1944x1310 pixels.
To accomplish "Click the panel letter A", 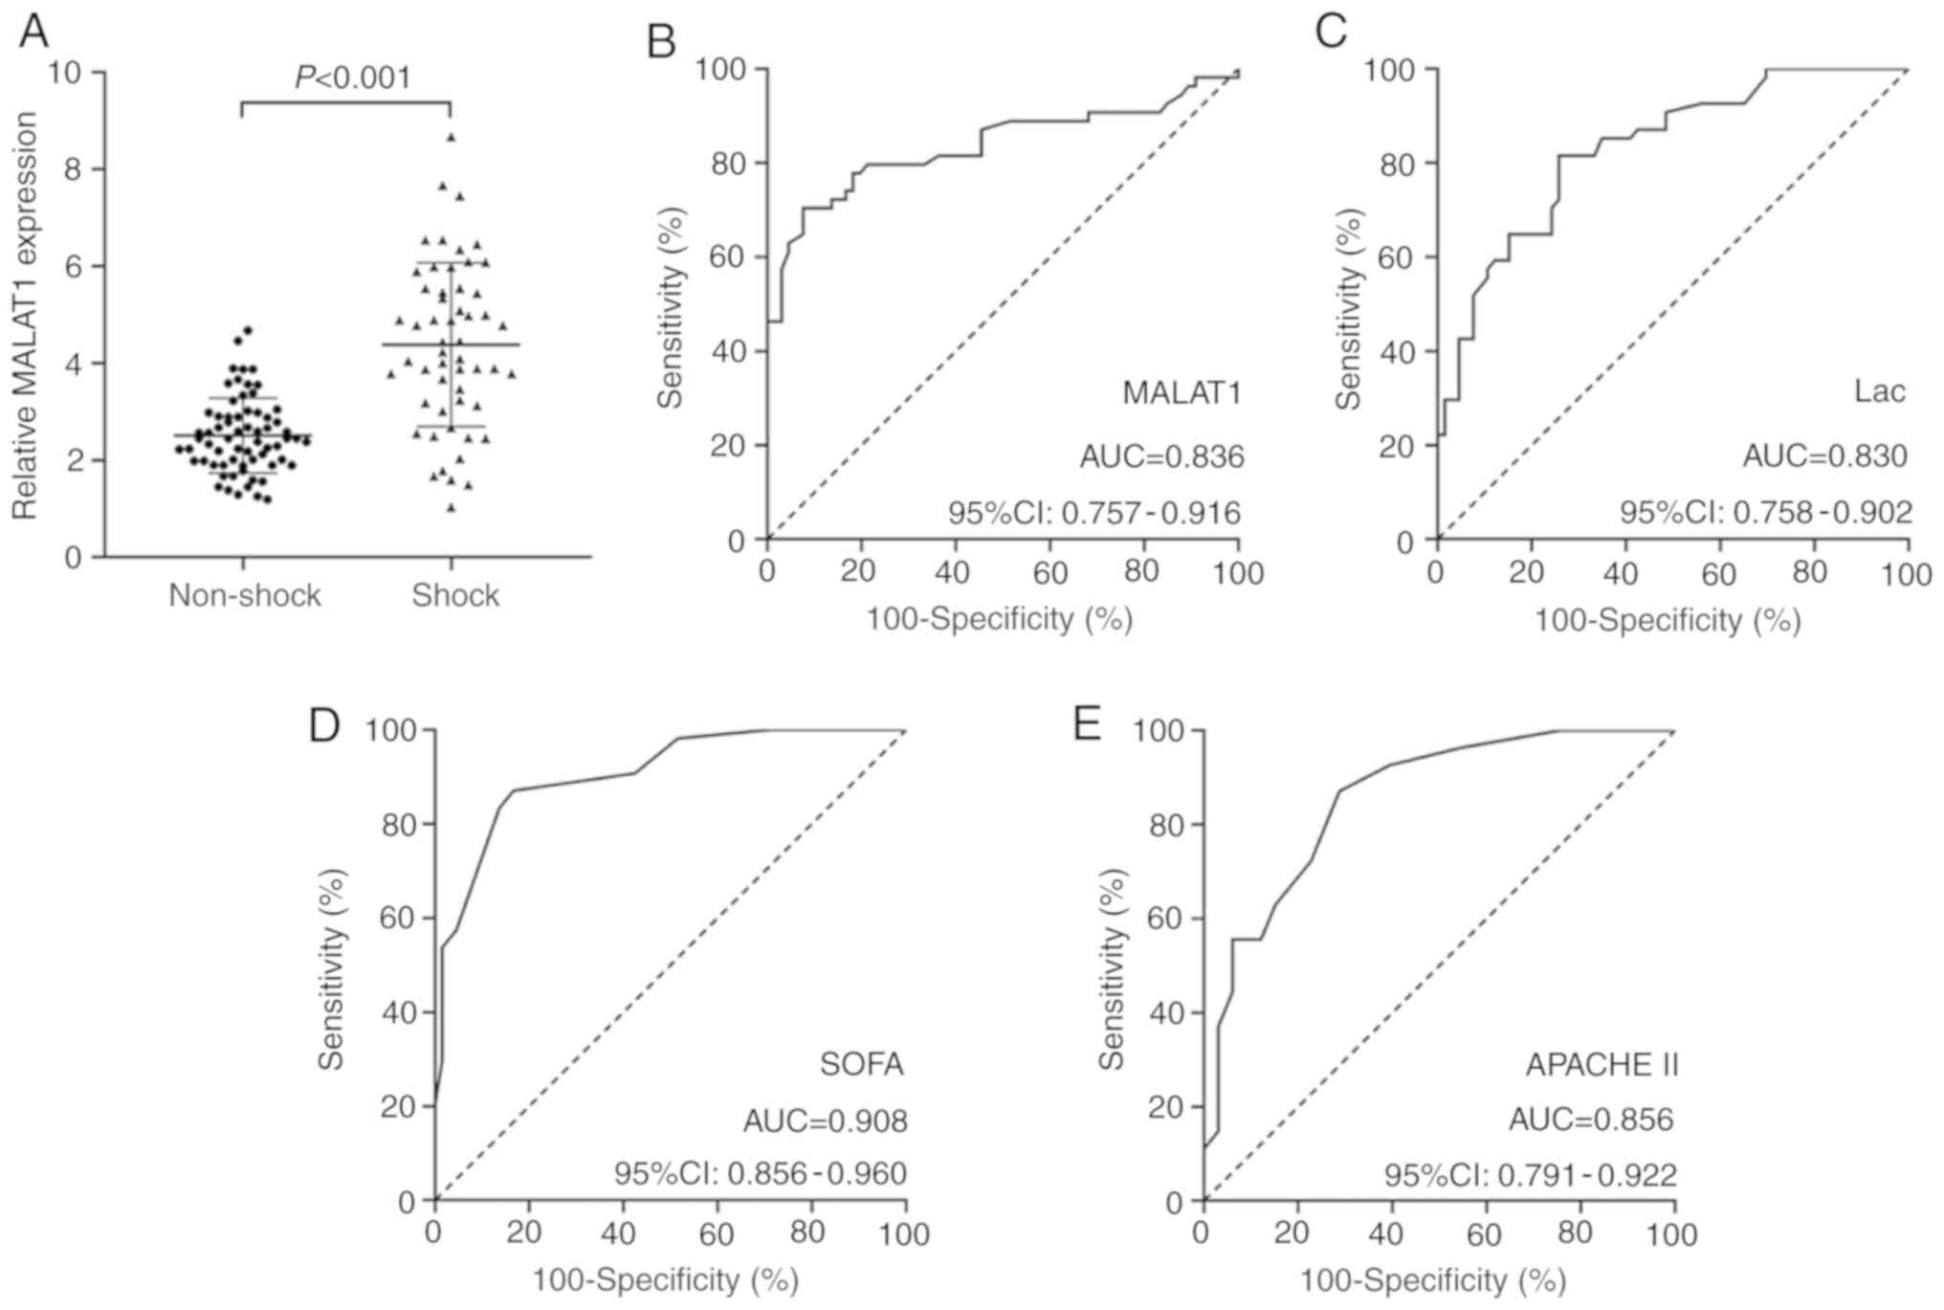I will click(x=33, y=32).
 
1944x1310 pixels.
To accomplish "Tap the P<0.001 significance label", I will click(x=352, y=78).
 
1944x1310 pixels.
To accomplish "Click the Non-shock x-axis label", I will click(x=245, y=595).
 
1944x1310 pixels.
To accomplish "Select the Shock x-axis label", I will click(x=455, y=595).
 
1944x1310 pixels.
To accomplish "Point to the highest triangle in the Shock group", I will click(x=451, y=138).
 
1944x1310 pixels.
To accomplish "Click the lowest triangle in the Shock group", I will click(x=451, y=508).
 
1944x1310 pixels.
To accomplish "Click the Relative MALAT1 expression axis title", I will click(x=25, y=316).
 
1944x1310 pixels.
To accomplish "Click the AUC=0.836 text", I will click(x=1161, y=457).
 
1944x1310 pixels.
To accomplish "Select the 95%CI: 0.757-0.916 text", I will click(x=1094, y=514).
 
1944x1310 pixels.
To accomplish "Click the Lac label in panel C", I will click(x=1879, y=391).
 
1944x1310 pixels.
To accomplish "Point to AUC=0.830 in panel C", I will click(x=1824, y=456).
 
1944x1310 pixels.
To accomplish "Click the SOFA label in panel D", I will click(x=861, y=1064).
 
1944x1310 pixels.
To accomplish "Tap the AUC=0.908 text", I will click(x=825, y=1121).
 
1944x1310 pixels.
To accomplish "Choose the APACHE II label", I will click(x=1601, y=1065).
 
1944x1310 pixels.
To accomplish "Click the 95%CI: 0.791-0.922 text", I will click(x=1531, y=1175).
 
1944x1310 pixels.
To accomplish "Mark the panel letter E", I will click(x=1087, y=724).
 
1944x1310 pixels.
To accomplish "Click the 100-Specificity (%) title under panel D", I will click(x=665, y=1279).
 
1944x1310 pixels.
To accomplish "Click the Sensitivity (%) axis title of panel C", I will click(x=1349, y=309).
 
